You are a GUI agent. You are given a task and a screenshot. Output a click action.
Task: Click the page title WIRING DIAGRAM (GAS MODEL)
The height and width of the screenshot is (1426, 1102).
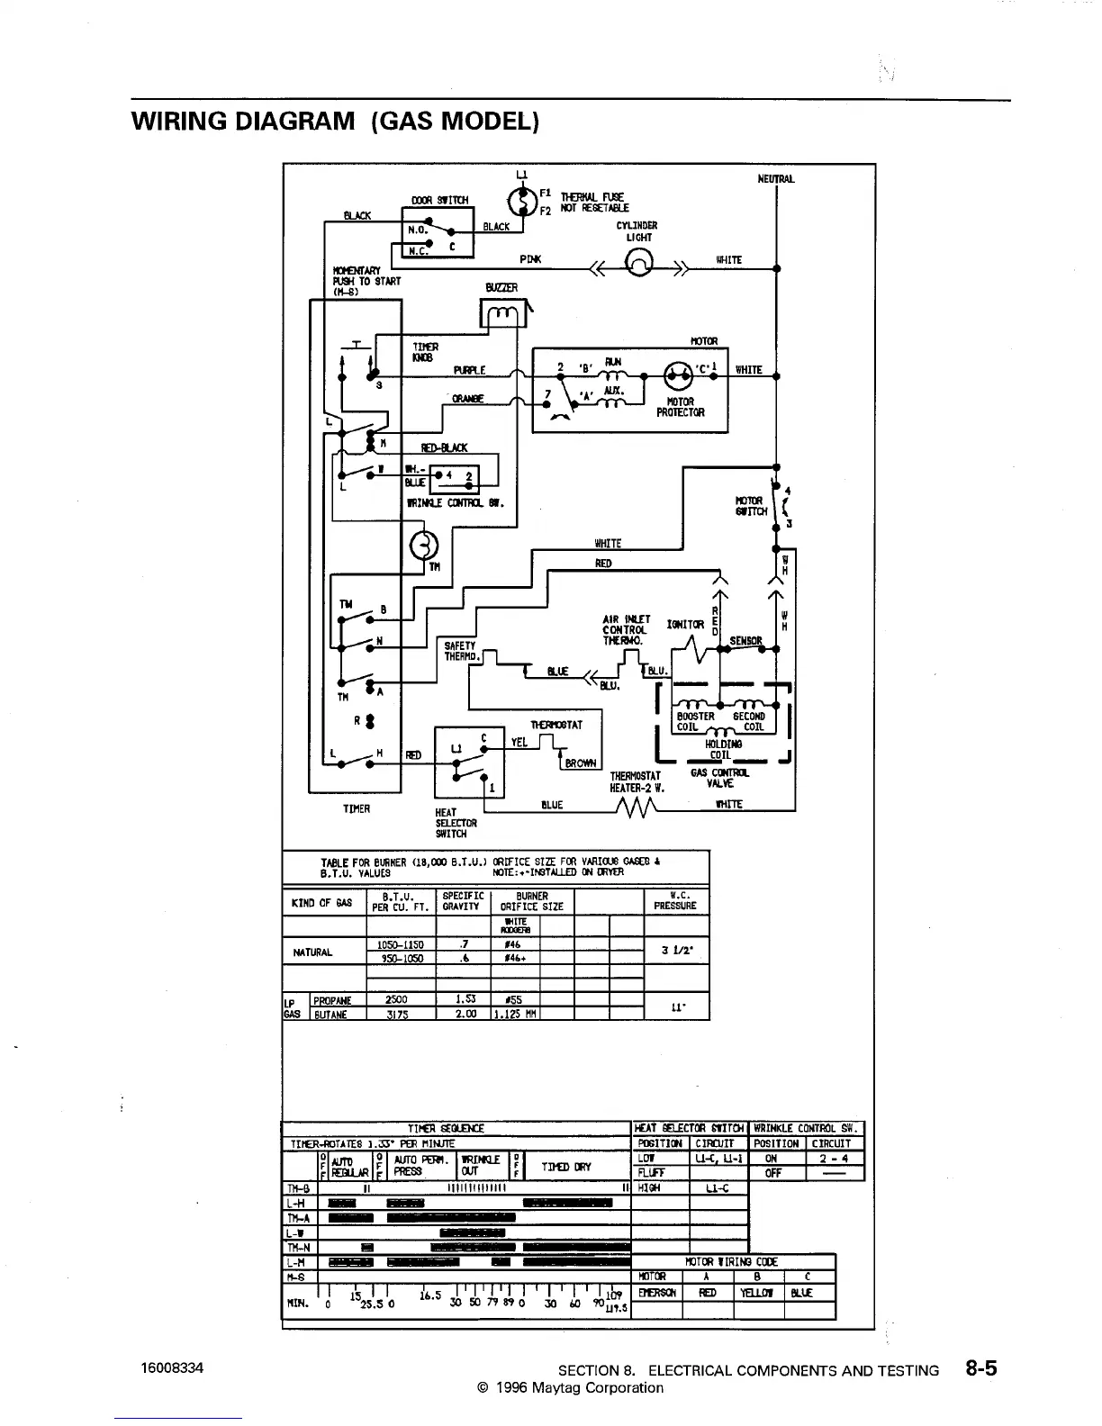(335, 121)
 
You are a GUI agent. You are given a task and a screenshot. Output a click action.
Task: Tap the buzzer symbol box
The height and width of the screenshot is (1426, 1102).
(502, 313)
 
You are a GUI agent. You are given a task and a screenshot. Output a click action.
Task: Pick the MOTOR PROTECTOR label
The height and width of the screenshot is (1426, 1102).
(680, 408)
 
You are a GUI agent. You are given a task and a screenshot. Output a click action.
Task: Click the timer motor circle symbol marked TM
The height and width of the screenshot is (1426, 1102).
(424, 545)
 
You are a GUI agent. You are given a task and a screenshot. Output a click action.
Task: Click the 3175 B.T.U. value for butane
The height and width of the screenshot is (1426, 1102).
(397, 1014)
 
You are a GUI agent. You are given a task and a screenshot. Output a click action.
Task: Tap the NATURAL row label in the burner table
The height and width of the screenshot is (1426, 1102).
(312, 952)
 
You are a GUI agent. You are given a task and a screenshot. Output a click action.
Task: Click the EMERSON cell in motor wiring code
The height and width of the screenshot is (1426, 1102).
(656, 1293)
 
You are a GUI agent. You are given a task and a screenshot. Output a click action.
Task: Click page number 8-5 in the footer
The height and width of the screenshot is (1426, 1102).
(980, 1369)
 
